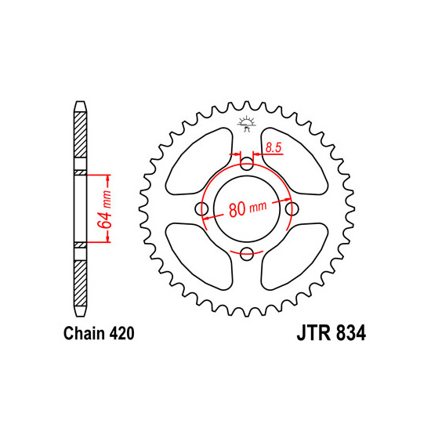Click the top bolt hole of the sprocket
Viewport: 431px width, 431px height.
(x=248, y=164)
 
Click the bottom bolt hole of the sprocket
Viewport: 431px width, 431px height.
(x=248, y=252)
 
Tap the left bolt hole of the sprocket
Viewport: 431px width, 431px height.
(x=203, y=208)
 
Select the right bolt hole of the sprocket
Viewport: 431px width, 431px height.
(x=292, y=208)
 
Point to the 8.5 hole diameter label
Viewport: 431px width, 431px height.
(x=273, y=146)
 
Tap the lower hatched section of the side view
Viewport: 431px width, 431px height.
(x=81, y=277)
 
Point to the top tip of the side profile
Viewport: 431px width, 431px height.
(x=81, y=102)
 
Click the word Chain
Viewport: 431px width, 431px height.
(x=78, y=333)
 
